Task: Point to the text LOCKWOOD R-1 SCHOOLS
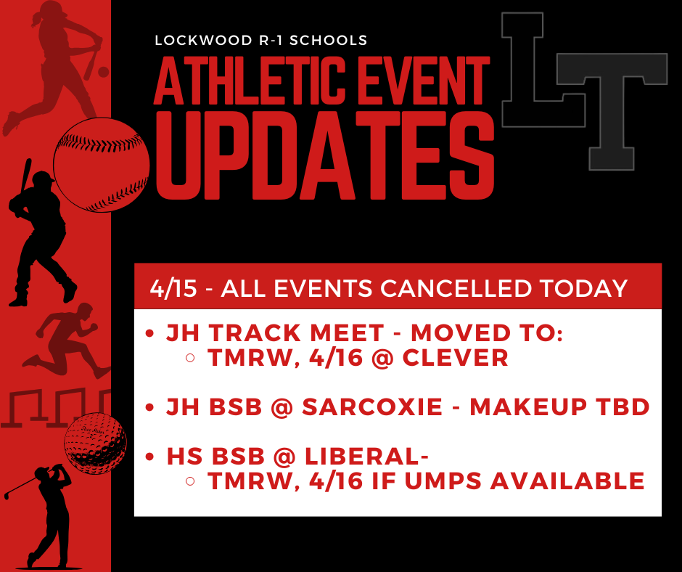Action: click(261, 41)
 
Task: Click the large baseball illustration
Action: click(102, 165)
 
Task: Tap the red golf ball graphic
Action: click(95, 444)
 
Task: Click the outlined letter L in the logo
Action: click(533, 69)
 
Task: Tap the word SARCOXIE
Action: click(371, 407)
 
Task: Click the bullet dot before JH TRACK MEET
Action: click(150, 334)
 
